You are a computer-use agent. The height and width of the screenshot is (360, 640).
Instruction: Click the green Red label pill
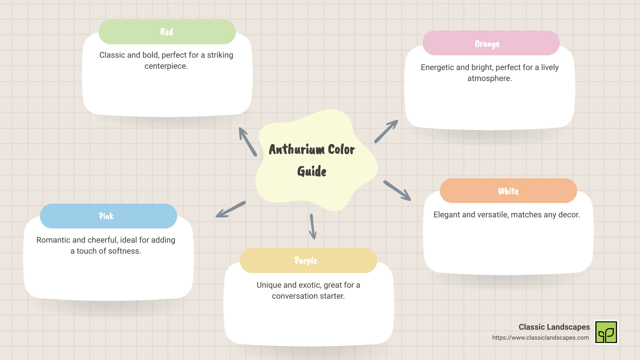point(167,32)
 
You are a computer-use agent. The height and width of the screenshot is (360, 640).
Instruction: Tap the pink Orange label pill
point(491,43)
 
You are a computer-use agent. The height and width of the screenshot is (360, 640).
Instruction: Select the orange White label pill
point(508,191)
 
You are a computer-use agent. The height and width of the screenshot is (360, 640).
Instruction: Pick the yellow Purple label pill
point(308,261)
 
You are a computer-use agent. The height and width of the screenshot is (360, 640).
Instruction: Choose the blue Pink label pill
point(108,216)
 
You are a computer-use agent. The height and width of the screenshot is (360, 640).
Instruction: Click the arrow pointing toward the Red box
point(248,142)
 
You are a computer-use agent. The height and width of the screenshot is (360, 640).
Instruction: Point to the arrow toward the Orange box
point(386,131)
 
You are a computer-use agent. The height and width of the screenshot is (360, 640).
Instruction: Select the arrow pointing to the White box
point(397,191)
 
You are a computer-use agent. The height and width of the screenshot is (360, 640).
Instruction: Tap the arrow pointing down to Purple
point(313,227)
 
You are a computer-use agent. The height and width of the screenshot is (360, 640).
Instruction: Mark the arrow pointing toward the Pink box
point(231,209)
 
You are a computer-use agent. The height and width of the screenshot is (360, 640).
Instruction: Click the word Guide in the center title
point(312,171)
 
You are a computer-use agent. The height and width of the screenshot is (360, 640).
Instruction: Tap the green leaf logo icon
point(606,332)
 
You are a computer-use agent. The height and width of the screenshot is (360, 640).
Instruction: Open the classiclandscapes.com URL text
point(540,338)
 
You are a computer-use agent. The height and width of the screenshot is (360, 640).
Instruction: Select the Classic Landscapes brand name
point(554,327)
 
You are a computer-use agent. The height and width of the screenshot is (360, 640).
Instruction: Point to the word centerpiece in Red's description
point(166,66)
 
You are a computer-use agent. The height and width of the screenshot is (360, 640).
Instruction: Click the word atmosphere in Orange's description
point(489,78)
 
